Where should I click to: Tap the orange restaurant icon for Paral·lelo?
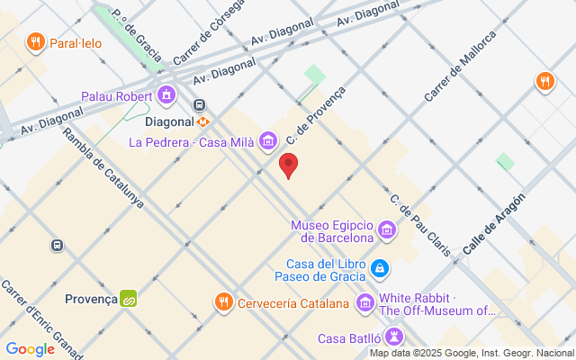coord(36,41)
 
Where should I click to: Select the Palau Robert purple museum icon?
coord(166,94)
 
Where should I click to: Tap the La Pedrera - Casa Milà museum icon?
coord(267,140)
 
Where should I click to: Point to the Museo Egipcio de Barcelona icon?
coord(387,231)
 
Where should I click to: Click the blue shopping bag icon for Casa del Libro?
coord(380,268)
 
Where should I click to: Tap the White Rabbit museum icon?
coord(365,302)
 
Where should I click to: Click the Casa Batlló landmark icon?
coord(393,337)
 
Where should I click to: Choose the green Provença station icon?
coord(129,299)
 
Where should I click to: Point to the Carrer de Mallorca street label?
coord(461,66)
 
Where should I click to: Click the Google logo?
coord(31,349)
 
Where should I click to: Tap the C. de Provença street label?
coord(316,116)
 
